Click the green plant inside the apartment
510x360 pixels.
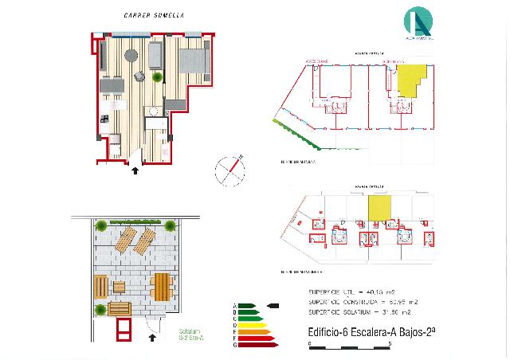[x=142, y=76]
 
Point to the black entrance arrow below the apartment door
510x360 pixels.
[x=134, y=170]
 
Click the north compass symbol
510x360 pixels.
[x=229, y=170]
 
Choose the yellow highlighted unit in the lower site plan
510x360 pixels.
[x=380, y=209]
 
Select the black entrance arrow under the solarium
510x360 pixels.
[x=151, y=338]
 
